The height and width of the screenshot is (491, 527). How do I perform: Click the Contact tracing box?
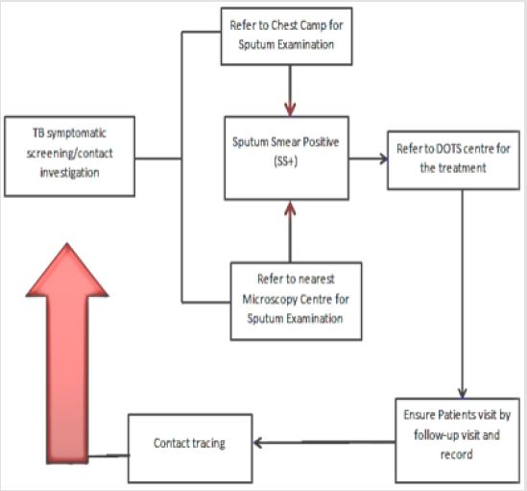[190, 444]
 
